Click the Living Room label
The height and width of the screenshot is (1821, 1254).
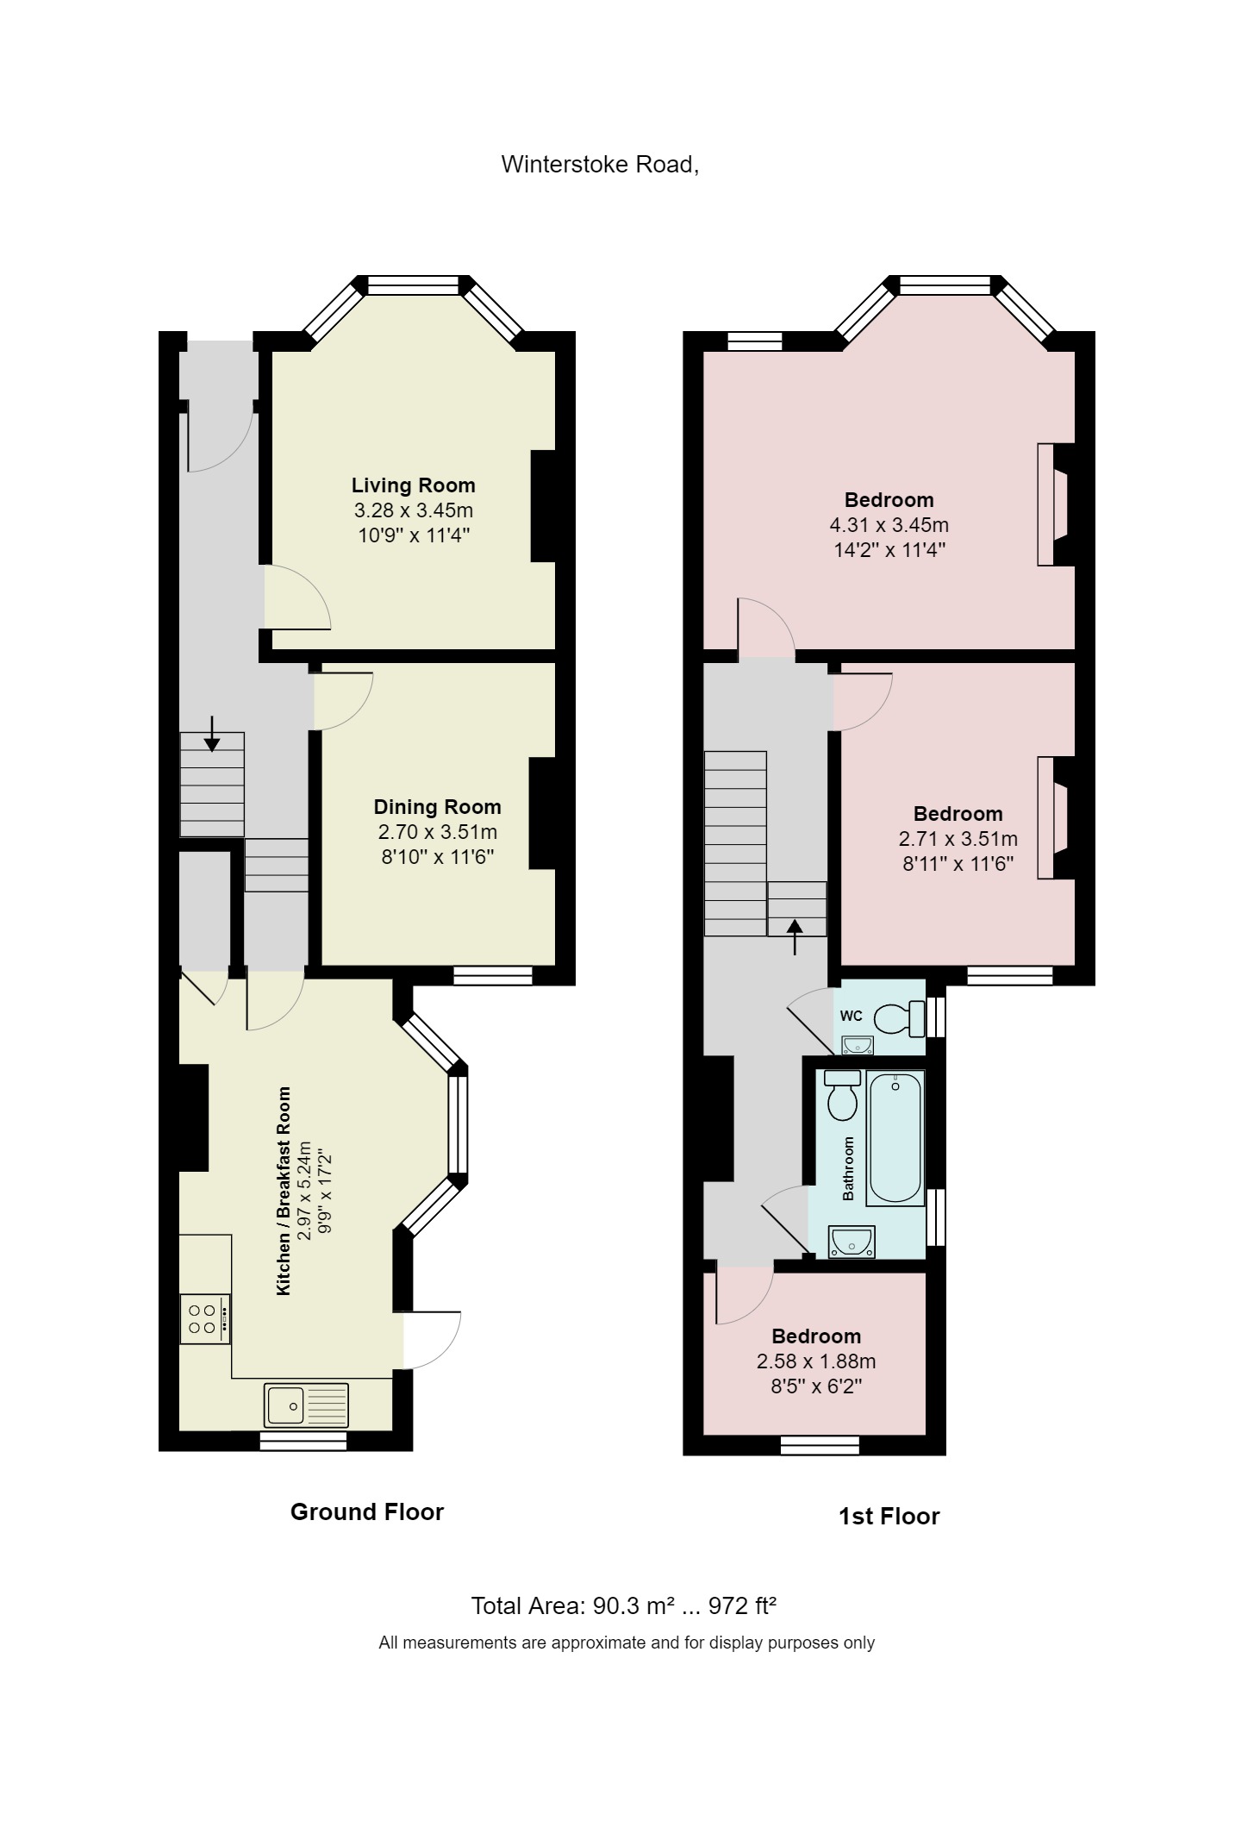point(413,485)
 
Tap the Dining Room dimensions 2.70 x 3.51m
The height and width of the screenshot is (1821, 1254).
point(437,833)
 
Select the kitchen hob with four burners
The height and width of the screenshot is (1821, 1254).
point(205,1319)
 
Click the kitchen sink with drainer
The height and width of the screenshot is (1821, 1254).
point(307,1405)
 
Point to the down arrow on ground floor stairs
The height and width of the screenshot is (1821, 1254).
point(212,734)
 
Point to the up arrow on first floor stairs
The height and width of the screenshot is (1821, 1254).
point(795,936)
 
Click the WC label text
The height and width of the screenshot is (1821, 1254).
point(851,1016)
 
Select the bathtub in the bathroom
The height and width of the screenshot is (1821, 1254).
point(895,1137)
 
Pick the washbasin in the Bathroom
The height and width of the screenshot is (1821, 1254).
point(852,1242)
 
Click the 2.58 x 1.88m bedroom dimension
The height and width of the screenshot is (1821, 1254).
point(815,1362)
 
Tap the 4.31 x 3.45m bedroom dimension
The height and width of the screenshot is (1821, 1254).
point(889,525)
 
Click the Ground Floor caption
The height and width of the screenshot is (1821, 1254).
point(366,1512)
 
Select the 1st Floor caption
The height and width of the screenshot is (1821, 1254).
point(889,1517)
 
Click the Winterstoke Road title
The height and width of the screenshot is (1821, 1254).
point(600,164)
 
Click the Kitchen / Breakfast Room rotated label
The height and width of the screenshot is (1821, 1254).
point(284,1191)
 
